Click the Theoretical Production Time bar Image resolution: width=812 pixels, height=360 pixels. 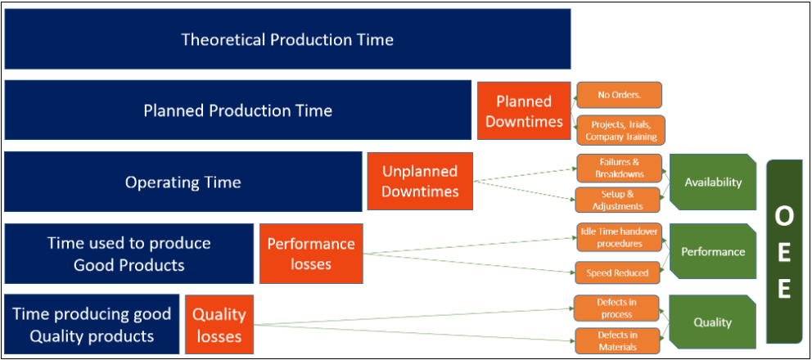point(287,38)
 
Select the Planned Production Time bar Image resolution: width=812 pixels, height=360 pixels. point(237,110)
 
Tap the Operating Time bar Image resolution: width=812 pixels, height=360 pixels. point(183,182)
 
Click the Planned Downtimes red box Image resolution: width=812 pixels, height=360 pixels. point(524,110)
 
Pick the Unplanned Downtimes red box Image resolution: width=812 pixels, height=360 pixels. point(420,182)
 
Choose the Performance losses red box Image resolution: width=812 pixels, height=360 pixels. point(311,254)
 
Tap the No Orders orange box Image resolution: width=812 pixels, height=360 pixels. point(619,95)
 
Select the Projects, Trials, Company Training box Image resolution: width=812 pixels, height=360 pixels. point(620,130)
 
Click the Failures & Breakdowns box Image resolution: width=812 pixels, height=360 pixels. point(619,168)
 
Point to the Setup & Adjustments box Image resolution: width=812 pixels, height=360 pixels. point(618,200)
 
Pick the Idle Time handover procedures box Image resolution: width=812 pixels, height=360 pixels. point(617,237)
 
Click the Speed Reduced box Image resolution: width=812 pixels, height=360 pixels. point(617,272)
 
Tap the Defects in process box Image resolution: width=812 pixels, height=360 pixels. point(616,308)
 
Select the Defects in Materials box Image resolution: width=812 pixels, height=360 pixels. point(616,341)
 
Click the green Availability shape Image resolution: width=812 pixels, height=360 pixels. point(713,182)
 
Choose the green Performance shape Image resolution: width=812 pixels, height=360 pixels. point(713,252)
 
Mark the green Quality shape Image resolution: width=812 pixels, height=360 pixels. point(713,322)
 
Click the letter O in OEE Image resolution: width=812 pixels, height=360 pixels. point(783,218)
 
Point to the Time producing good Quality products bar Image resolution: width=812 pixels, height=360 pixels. point(92,325)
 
